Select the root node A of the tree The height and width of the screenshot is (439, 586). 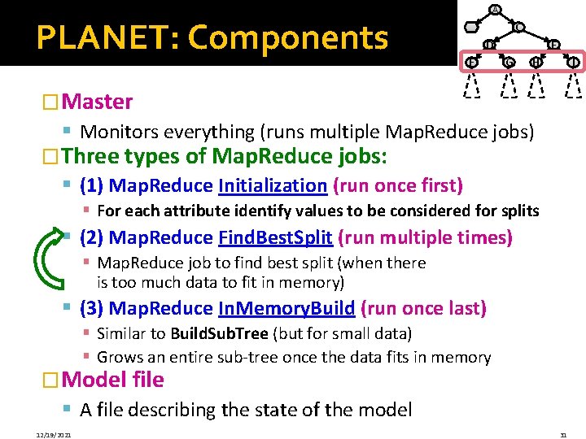(x=495, y=10)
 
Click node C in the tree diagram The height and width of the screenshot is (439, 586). (x=518, y=28)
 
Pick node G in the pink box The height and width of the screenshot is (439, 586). (x=509, y=63)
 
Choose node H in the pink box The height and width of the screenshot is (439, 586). (x=536, y=63)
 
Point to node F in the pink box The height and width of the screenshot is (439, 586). (x=471, y=63)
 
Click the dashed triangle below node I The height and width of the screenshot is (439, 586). (x=575, y=85)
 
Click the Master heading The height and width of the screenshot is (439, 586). (x=96, y=102)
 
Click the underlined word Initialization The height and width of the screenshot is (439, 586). (x=273, y=186)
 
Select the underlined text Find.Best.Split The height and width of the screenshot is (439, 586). (x=275, y=237)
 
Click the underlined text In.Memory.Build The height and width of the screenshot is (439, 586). (x=286, y=308)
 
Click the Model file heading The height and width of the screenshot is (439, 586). (x=112, y=380)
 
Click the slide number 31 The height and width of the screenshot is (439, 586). (x=563, y=435)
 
